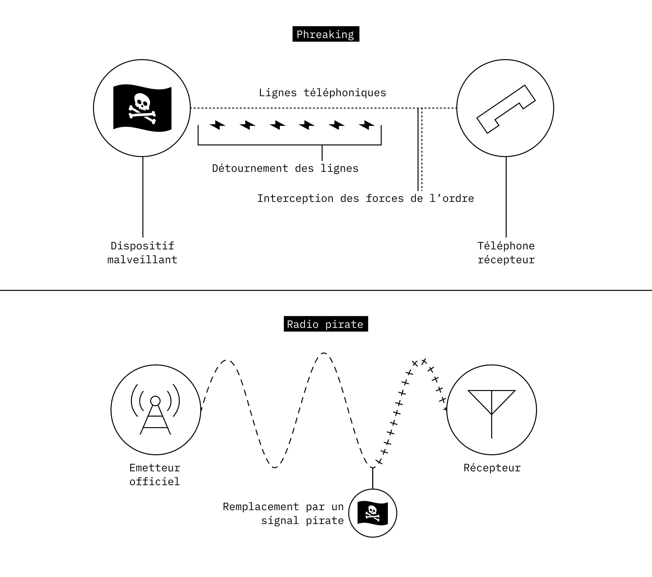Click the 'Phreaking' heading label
326,34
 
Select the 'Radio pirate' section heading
326,324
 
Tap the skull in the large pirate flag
142,102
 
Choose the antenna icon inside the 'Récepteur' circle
492,414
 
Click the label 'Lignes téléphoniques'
322,93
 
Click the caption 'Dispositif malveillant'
142,252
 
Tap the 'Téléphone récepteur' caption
506,252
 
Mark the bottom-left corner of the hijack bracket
198,145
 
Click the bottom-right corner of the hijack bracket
381,145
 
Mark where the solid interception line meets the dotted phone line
418,108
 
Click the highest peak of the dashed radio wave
324,353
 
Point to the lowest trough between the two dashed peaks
275,467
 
